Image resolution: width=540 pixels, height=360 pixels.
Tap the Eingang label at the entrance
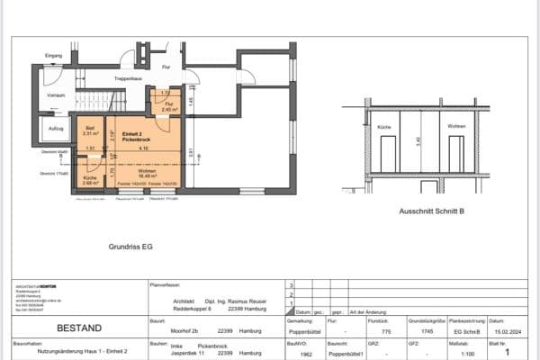pyautogui.click(x=52, y=56)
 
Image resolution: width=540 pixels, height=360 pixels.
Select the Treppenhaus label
pyautogui.click(x=130, y=79)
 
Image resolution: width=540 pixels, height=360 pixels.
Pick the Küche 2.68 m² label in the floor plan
pyautogui.click(x=90, y=180)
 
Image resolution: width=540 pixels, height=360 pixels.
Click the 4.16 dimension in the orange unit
pyautogui.click(x=155, y=148)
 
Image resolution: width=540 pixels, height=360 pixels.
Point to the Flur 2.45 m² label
pyautogui.click(x=168, y=106)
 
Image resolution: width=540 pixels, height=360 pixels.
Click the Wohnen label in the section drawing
pyautogui.click(x=457, y=128)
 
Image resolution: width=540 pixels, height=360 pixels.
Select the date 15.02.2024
pyautogui.click(x=505, y=330)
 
